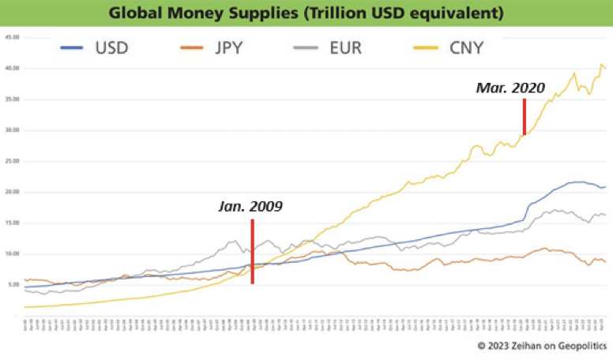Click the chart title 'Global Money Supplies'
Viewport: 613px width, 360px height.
coord(306,13)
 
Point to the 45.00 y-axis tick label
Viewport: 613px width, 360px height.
coord(11,37)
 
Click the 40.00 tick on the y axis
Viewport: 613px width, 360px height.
coord(11,68)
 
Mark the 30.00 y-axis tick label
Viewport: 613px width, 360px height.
coord(11,130)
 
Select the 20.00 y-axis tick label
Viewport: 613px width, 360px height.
coord(11,192)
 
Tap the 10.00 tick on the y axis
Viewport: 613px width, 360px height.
coord(11,254)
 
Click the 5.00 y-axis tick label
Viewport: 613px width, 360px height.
coord(13,285)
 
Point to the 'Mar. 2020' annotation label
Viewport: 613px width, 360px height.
coord(510,88)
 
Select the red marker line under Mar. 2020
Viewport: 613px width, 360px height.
coord(525,116)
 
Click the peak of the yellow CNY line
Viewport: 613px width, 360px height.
coord(602,65)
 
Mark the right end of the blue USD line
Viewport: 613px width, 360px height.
coord(605,186)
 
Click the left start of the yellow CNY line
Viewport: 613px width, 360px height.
coord(26,306)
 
